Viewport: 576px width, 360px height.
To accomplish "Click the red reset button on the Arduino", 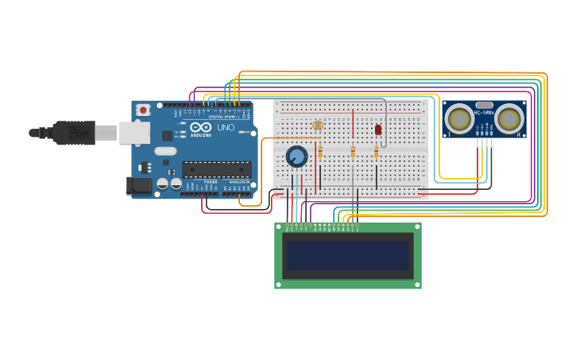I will pos(143,110).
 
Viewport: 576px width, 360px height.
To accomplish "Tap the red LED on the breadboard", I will pos(378,129).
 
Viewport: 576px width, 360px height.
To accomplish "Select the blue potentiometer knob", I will pos(296,156).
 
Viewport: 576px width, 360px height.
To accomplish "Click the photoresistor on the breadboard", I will pos(318,125).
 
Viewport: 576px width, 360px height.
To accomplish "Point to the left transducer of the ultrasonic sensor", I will pos(458,119).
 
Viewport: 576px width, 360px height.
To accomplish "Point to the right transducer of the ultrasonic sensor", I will pos(509,119).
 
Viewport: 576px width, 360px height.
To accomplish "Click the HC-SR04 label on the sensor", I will pos(484,113).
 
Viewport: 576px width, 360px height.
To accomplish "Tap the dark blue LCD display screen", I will pos(348,256).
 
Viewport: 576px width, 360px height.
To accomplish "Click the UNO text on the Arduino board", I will pos(226,127).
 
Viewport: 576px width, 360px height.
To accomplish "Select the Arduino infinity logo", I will pos(201,127).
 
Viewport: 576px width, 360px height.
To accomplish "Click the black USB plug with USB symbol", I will pos(75,133).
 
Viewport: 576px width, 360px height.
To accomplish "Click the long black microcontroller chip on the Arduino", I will pos(216,168).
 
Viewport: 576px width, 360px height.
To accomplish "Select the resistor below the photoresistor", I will pos(320,152).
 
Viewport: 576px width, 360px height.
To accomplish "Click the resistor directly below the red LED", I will pos(377,152).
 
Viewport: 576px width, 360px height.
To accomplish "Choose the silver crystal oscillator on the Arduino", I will pos(165,151).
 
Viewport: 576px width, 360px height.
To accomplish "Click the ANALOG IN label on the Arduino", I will pos(238,182).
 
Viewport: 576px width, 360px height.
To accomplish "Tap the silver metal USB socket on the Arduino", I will pos(134,132).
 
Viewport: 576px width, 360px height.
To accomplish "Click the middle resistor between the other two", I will pos(353,152).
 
